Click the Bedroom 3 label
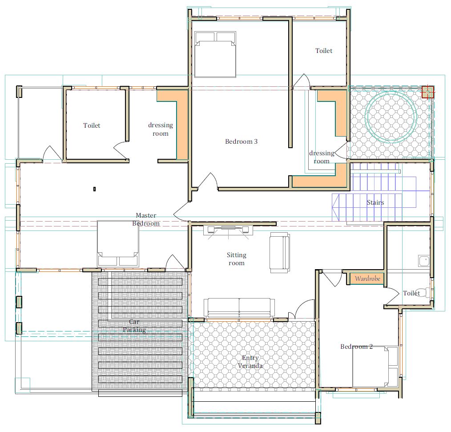(241, 141)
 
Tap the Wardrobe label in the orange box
(367, 279)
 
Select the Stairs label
(375, 202)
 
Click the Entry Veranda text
(250, 362)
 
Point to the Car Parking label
(134, 326)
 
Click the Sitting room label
(237, 259)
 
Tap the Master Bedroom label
(146, 219)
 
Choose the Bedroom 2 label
(356, 347)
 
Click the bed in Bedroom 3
(215, 54)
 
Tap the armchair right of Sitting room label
(280, 253)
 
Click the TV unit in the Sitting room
(228, 230)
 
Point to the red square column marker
(428, 92)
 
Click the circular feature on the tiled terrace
(391, 117)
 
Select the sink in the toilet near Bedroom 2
(424, 261)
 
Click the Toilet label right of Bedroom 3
(324, 51)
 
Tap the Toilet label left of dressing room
(92, 125)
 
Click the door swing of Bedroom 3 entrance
(208, 181)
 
